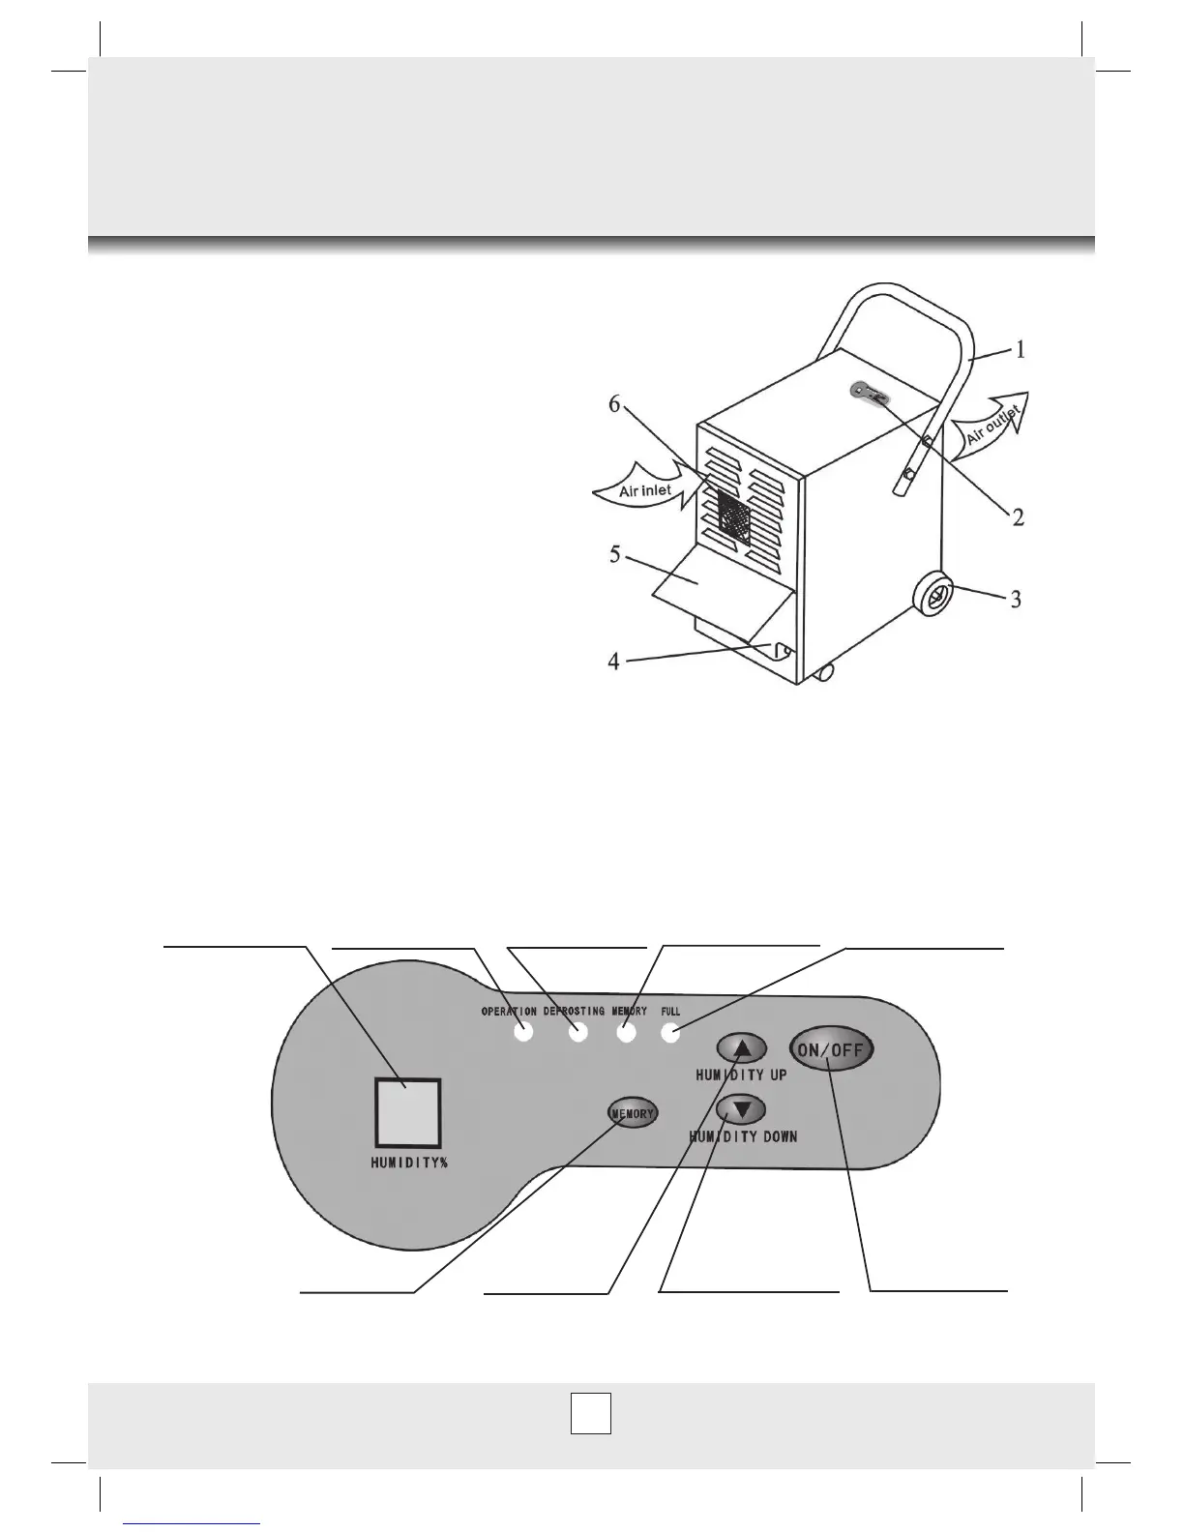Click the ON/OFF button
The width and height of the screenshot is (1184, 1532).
[x=832, y=1050]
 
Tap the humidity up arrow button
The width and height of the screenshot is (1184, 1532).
[x=742, y=1047]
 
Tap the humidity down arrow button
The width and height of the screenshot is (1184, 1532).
[x=742, y=1109]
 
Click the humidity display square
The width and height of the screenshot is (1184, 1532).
[x=407, y=1112]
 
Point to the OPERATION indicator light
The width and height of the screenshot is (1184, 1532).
[x=523, y=1032]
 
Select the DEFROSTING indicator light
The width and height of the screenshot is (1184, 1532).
[x=578, y=1033]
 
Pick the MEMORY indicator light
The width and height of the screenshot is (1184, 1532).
[x=626, y=1033]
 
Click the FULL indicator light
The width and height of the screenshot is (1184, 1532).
[x=669, y=1033]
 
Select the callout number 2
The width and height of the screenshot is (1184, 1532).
[x=1018, y=516]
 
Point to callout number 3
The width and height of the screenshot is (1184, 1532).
[x=1016, y=599]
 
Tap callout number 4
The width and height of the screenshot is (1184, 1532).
[x=613, y=663]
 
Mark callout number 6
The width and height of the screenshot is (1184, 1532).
[x=615, y=405]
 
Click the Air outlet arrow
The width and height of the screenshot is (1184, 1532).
[x=992, y=427]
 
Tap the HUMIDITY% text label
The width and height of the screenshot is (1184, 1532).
[x=409, y=1164]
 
